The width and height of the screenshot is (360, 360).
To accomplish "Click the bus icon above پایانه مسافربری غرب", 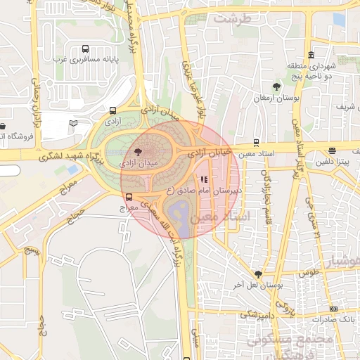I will [x=85, y=49].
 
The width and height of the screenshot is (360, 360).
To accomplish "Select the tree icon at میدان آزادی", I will [x=137, y=150].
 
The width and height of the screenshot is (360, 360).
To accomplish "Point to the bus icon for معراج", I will [x=129, y=198].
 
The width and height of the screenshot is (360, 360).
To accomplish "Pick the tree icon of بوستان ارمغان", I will [x=276, y=87].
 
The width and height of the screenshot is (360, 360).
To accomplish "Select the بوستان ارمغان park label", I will [x=276, y=99].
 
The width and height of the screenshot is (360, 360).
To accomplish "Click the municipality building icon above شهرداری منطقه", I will [x=311, y=56].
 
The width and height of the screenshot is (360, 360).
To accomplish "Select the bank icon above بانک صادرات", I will [x=333, y=308].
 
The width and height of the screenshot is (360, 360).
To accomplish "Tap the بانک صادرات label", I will [x=334, y=319].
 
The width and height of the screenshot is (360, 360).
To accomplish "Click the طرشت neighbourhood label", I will [x=233, y=20].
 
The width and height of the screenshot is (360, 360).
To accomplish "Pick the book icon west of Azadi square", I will [x=72, y=124].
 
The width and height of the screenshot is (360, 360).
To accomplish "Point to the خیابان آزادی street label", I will [x=210, y=150].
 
